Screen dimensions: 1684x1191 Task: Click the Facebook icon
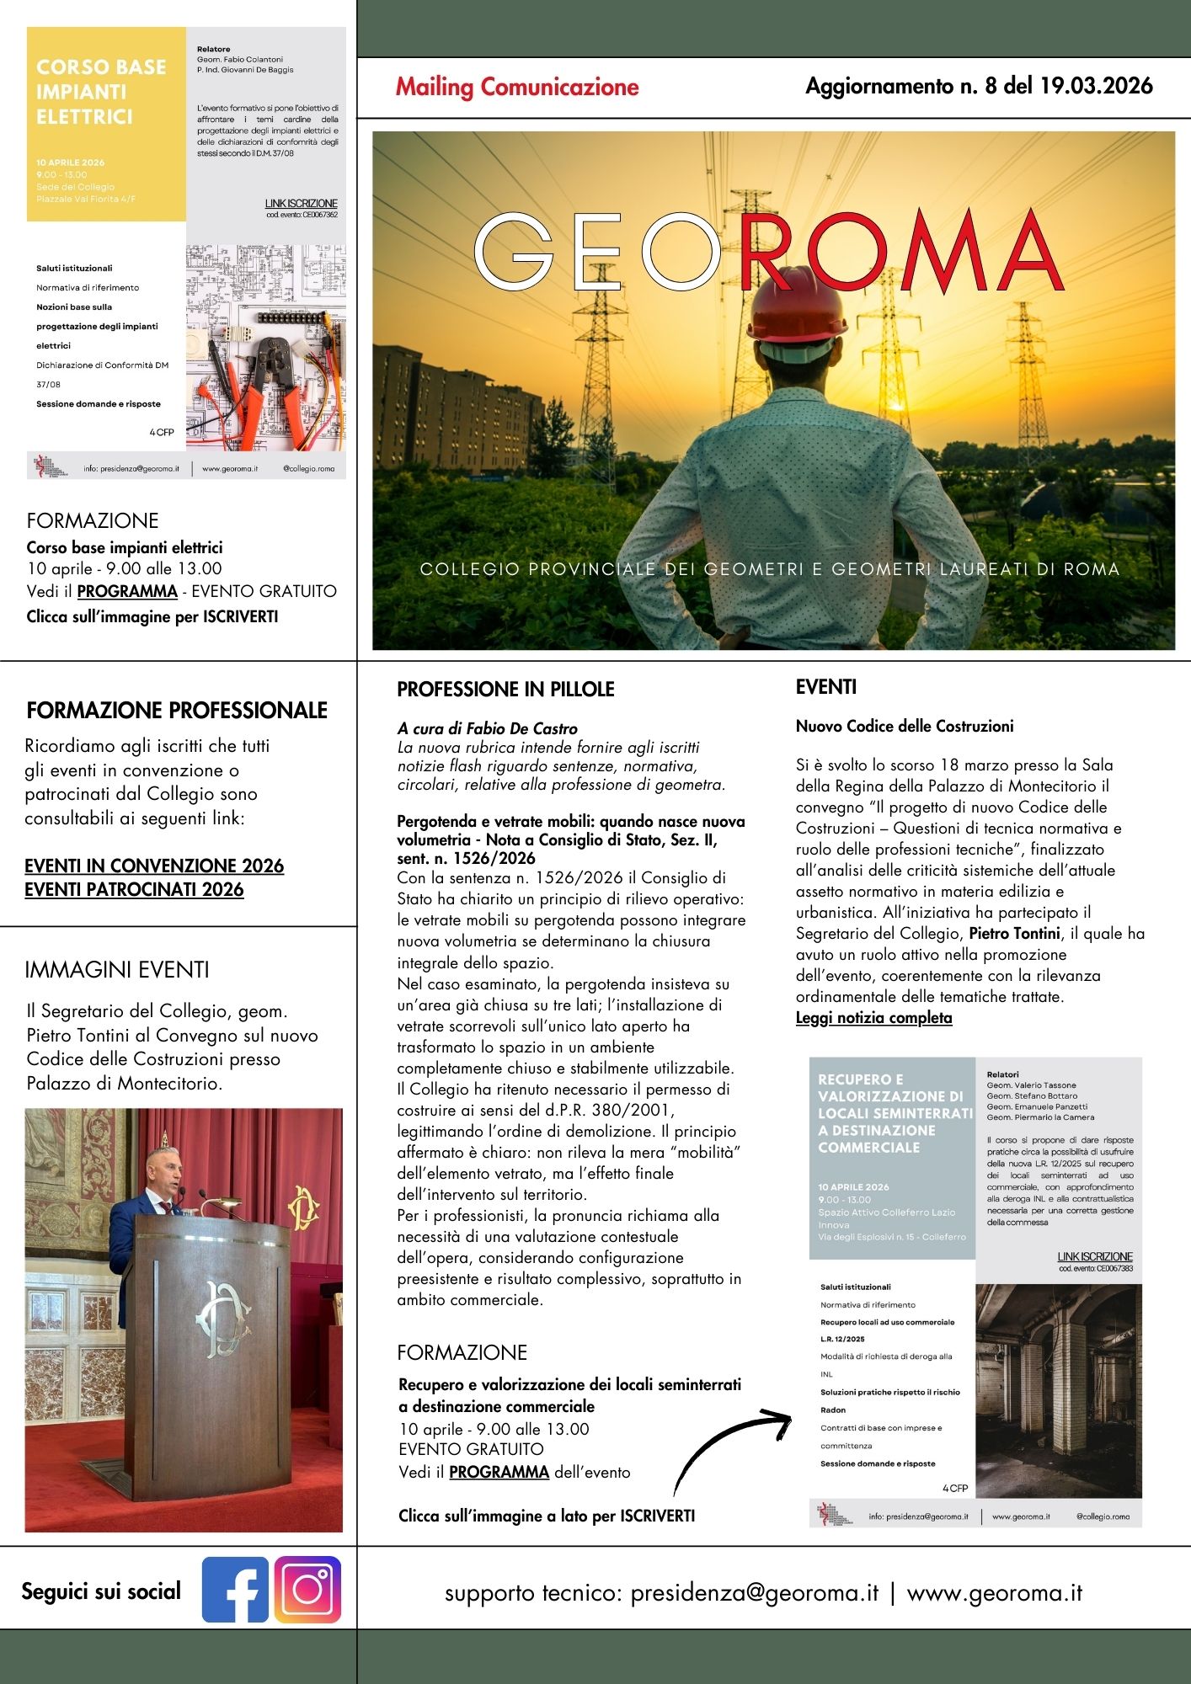point(235,1590)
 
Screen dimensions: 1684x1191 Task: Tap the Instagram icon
point(307,1590)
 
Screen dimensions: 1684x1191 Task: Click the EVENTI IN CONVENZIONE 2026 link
point(154,866)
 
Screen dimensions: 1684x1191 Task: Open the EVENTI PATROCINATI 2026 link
point(134,889)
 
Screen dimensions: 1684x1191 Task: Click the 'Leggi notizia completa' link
point(873,1018)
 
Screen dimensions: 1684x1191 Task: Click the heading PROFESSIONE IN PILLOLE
point(505,690)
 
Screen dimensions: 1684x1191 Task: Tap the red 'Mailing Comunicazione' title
point(517,87)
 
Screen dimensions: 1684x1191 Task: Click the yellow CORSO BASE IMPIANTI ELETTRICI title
point(101,92)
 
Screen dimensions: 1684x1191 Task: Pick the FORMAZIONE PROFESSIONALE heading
point(177,711)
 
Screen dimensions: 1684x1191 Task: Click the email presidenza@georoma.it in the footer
point(754,1593)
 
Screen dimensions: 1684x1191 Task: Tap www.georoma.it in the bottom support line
point(994,1593)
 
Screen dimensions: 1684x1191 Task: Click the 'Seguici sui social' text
point(101,1591)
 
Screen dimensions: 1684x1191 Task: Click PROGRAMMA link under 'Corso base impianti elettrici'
point(127,591)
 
